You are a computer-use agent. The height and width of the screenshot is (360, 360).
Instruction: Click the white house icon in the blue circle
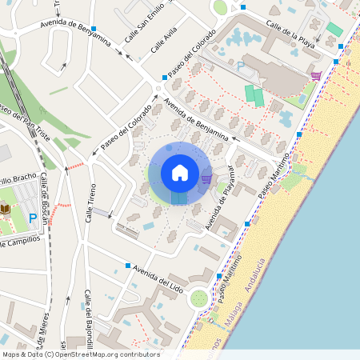(x=180, y=172)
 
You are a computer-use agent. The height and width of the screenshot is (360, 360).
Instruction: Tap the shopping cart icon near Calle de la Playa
(x=316, y=76)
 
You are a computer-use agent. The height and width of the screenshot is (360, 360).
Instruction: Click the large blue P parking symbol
(x=33, y=218)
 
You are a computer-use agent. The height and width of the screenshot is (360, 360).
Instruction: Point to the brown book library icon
(x=5, y=210)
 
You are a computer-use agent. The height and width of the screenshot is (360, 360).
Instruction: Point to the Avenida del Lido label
(x=160, y=277)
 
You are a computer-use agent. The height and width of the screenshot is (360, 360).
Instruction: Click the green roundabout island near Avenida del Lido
(x=198, y=300)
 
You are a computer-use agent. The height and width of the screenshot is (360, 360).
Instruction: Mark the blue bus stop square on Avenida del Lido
(x=127, y=265)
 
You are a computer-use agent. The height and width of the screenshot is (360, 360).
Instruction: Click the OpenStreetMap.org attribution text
(x=102, y=354)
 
